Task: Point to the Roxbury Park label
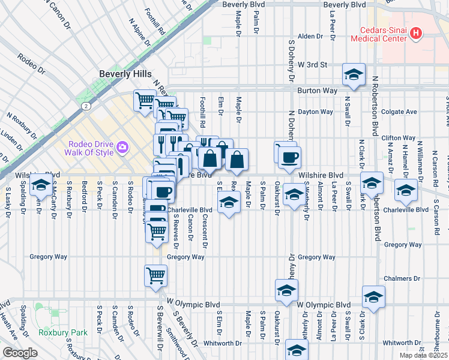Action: tap(62, 332)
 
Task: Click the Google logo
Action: tap(20, 352)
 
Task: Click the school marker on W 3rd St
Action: tap(354, 75)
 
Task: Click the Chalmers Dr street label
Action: tap(403, 278)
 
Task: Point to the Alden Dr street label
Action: tap(310, 36)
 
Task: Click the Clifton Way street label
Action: tap(399, 137)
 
